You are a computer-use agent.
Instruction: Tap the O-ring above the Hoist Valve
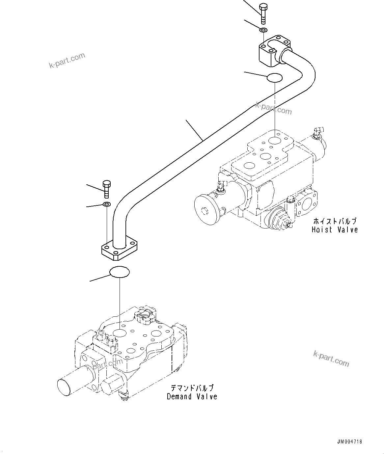pos(274,78)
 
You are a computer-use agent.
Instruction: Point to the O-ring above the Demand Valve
pos(119,272)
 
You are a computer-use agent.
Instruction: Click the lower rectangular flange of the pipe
pos(119,249)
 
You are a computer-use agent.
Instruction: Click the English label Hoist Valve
pos(335,230)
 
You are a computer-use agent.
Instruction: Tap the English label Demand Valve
pos(192,397)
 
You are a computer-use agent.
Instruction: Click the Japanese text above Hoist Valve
pos(335,221)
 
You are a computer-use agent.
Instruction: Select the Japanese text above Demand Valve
pos(192,388)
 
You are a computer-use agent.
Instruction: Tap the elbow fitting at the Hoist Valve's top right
pos(317,132)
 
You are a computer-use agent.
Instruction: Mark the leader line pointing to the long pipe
pos(194,130)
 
